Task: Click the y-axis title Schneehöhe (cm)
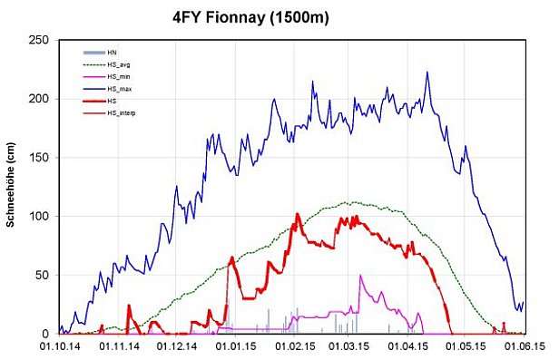click(13, 186)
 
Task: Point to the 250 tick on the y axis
click(40, 41)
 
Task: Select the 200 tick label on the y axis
click(40, 99)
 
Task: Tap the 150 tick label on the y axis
click(40, 158)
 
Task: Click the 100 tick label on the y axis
click(40, 217)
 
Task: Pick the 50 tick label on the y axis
click(43, 276)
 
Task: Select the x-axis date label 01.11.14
click(118, 345)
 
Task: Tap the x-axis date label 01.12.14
click(175, 345)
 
